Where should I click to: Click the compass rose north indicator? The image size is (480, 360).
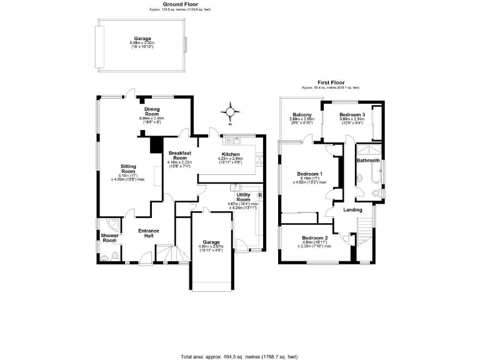(x=231, y=113)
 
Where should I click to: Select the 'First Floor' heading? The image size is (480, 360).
(x=331, y=82)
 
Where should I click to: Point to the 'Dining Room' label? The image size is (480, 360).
(x=152, y=110)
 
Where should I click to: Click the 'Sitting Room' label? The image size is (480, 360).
(x=128, y=169)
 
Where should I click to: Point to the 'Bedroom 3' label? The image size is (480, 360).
(x=352, y=115)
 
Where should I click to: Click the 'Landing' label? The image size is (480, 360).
(x=353, y=210)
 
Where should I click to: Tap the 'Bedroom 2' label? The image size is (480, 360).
(x=315, y=238)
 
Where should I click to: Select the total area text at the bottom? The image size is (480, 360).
(x=240, y=355)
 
